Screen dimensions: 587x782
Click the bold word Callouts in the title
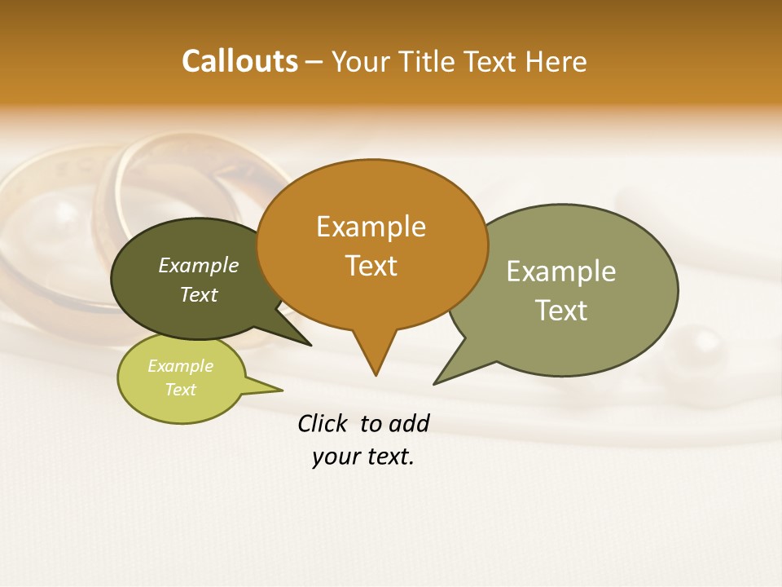[x=239, y=61]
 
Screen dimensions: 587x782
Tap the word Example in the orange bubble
[x=371, y=227]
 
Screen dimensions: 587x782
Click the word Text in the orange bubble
[x=371, y=266]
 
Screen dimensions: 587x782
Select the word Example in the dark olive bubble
[x=199, y=265]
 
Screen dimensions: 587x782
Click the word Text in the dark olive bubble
[x=199, y=294]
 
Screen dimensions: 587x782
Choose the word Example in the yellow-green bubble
[x=180, y=366]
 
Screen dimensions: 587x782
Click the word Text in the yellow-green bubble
[x=180, y=389]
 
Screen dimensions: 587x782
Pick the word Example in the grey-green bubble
[x=560, y=271]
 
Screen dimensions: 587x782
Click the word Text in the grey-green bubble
[x=560, y=311]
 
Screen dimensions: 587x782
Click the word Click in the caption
[x=323, y=423]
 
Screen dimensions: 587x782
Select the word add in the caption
[x=410, y=423]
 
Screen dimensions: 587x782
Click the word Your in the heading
[x=359, y=61]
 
